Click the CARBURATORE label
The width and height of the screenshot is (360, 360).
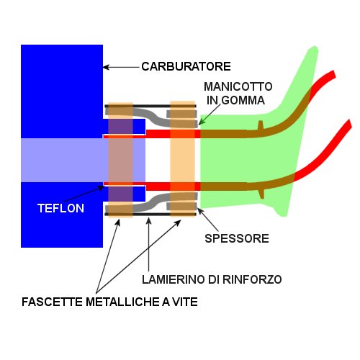(x=186, y=66)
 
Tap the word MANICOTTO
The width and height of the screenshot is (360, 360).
(x=238, y=86)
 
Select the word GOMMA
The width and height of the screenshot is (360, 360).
(x=243, y=100)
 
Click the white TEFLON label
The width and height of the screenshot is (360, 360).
(x=60, y=208)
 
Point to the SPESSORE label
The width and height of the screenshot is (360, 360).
(x=237, y=238)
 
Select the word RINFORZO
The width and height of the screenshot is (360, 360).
(x=252, y=279)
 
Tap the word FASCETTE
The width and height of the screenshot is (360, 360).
(x=52, y=302)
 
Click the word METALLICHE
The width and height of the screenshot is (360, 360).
(x=122, y=302)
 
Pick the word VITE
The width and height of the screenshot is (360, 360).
(x=185, y=302)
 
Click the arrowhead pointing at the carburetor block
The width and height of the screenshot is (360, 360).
(x=105, y=67)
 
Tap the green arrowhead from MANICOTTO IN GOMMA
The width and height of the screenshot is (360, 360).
(x=200, y=123)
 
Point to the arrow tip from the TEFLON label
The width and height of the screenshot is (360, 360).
(x=103, y=186)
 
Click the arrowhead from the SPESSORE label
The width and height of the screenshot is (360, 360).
(x=199, y=210)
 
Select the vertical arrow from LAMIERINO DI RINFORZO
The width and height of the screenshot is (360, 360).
(x=149, y=244)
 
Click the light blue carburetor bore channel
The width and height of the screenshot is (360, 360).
(x=83, y=160)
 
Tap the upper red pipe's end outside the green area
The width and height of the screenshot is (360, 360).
(x=333, y=74)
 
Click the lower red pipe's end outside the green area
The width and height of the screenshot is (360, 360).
(x=348, y=125)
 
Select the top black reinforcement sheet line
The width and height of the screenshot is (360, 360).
(x=150, y=106)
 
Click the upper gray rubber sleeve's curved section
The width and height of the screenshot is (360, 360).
(x=153, y=117)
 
